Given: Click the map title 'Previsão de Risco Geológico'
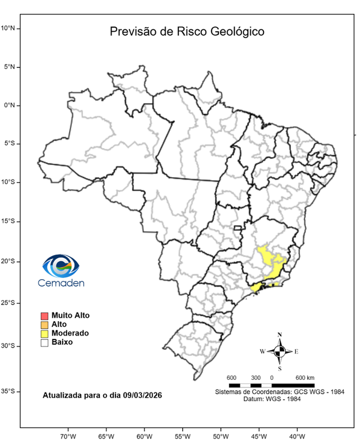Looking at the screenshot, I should [187, 32].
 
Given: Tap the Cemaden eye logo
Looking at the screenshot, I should [60, 266].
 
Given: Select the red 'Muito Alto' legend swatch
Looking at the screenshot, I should [44, 315].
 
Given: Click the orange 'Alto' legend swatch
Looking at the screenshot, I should [44, 325].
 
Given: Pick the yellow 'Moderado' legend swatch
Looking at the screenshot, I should [44, 333].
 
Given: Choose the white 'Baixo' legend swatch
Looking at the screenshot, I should [44, 342].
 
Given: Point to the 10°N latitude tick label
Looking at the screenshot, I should [11, 28].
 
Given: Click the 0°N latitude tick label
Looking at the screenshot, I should [11, 105].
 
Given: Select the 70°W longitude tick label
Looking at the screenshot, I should [68, 436].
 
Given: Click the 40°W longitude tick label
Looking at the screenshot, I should [297, 436].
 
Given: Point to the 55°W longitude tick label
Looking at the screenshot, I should [182, 436].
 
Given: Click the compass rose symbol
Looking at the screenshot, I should [279, 350].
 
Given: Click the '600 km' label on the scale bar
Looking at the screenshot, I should [305, 378].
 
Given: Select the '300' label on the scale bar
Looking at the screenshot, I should [255, 378].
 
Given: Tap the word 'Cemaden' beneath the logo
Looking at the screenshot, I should [61, 283].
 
